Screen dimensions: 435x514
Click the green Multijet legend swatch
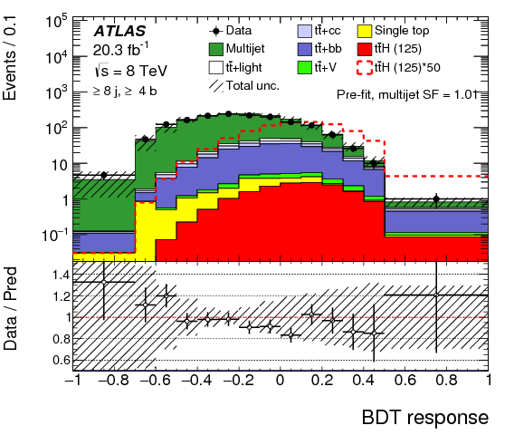coord(219,48)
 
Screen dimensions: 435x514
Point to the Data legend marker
coord(219,30)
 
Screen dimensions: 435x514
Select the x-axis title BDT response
coord(424,418)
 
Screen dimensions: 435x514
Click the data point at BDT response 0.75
coord(436,198)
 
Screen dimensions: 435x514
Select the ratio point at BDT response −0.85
coord(104,282)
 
